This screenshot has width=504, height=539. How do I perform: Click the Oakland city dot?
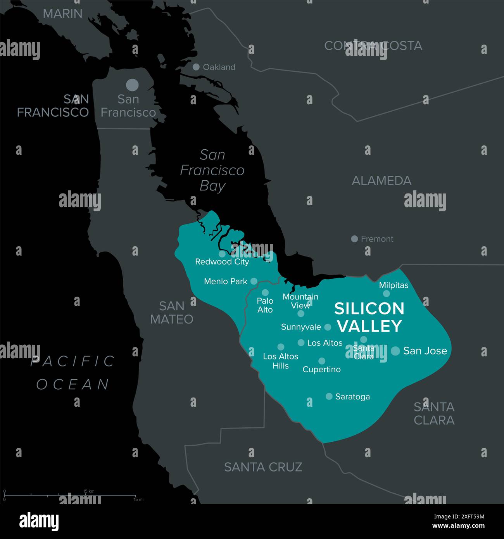point(196,67)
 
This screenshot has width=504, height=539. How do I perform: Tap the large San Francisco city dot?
point(132,85)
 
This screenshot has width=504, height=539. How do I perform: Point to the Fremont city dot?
point(354,239)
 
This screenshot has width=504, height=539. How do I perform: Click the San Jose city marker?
point(395,351)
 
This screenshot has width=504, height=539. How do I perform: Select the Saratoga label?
point(352,397)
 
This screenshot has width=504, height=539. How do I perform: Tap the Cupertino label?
point(321,370)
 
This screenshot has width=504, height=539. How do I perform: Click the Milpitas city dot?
point(387,294)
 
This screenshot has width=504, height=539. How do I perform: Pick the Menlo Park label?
point(226,281)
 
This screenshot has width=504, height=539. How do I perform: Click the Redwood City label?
point(222,262)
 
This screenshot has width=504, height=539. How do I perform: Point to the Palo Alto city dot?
point(265,292)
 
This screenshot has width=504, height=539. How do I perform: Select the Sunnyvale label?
point(301,327)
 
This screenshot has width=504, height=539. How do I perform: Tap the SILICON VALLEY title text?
point(369,317)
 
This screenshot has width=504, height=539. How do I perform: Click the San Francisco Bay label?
point(212,170)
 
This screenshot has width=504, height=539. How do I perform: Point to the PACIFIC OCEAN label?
point(73,373)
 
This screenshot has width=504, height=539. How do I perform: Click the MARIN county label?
point(63,14)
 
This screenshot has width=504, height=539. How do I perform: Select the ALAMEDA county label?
point(381,181)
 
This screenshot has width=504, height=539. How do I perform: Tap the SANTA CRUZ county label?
point(263,467)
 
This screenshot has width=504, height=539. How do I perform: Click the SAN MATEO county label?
point(172,313)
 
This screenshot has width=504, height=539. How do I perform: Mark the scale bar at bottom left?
point(70,496)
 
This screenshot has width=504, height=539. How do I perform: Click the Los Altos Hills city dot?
point(281,347)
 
